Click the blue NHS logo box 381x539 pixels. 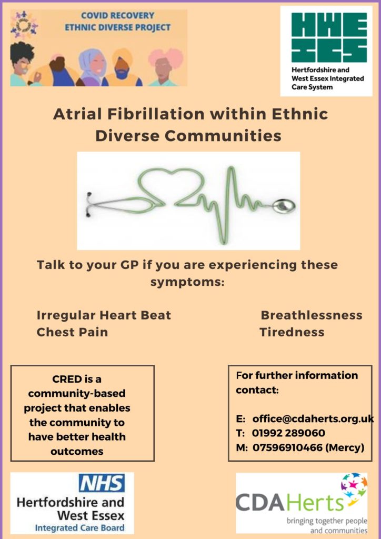pyautogui.click(x=102, y=483)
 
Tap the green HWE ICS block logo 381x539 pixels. pyautogui.click(x=329, y=37)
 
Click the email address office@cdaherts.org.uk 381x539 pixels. pyautogui.click(x=313, y=418)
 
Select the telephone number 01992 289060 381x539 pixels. pyautogui.click(x=288, y=433)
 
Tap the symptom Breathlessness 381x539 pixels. pyautogui.click(x=311, y=315)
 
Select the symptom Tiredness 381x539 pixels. pyautogui.click(x=292, y=332)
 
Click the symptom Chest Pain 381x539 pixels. pyautogui.click(x=72, y=332)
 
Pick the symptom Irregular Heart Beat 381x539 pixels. pyautogui.click(x=104, y=315)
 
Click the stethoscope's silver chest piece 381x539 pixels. pyautogui.click(x=284, y=206)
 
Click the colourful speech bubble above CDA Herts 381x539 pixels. pyautogui.click(x=354, y=485)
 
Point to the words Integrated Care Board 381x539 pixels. pyautogui.click(x=79, y=528)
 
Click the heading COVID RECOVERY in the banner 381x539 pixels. pyautogui.click(x=117, y=15)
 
